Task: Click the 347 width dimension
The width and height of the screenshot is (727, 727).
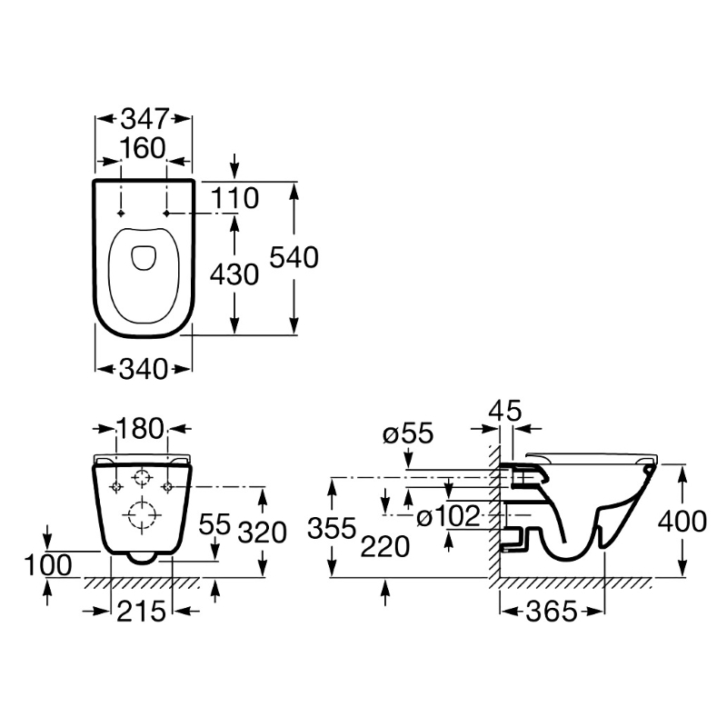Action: [x=144, y=118]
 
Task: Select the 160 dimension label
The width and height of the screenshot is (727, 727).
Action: [x=144, y=147]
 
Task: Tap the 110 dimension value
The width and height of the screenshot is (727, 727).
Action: [x=235, y=196]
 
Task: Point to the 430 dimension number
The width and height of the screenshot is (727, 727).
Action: [x=234, y=274]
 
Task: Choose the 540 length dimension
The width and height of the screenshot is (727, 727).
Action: [x=294, y=258]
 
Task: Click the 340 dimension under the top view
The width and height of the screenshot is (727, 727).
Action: [x=144, y=369]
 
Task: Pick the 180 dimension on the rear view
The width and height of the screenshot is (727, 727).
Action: [x=141, y=427]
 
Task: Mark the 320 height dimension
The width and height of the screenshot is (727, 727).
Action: [x=262, y=531]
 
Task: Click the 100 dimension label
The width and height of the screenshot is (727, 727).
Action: [x=47, y=564]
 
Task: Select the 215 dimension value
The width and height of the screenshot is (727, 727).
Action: [x=142, y=612]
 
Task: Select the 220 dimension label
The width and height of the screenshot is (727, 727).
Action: [x=385, y=546]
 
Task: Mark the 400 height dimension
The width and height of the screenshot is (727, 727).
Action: [x=682, y=522]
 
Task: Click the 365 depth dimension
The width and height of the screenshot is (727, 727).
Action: [x=552, y=612]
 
